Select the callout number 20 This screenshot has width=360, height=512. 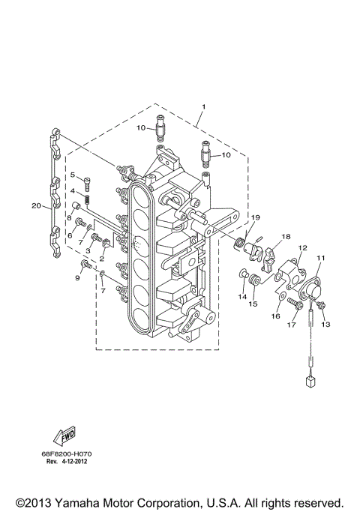pos(35,205)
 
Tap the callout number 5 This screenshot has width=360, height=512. pos(73,175)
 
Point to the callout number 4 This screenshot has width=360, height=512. pos(73,192)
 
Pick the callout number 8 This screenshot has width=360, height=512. pos(68,218)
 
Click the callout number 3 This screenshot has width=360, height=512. pos(88,250)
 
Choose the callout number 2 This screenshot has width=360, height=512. pos(102,258)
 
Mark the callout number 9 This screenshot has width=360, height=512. pos(76,278)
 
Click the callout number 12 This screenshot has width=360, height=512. pos(303,247)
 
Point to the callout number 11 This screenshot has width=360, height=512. pos(321,259)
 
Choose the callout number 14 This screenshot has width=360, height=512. pos(242,296)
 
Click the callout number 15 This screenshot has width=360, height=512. pos(253,304)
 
